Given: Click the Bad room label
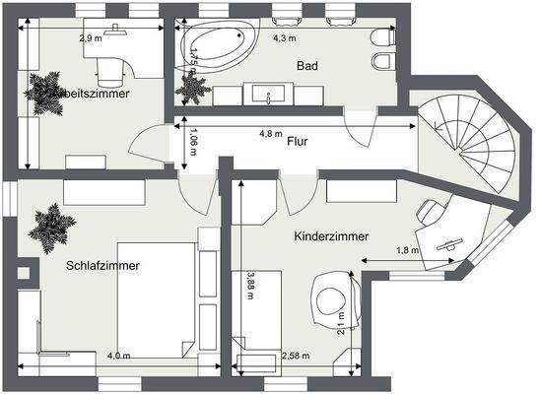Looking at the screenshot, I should pyautogui.click(x=307, y=66).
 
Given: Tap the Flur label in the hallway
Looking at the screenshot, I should pyautogui.click(x=298, y=142).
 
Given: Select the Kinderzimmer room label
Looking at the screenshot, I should pyautogui.click(x=331, y=236).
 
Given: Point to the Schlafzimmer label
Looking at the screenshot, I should pyautogui.click(x=102, y=266).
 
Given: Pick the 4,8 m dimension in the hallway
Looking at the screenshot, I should pyautogui.click(x=270, y=133).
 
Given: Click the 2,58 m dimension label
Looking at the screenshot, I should pyautogui.click(x=296, y=356).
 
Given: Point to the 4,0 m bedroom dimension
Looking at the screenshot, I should pyautogui.click(x=118, y=356).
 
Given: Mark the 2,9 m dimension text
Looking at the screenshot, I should pyautogui.click(x=91, y=38).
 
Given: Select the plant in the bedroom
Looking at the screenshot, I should pyautogui.click(x=51, y=228).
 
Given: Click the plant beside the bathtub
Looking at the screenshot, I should pyautogui.click(x=191, y=87).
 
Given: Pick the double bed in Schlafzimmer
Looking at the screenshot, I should pyautogui.click(x=156, y=298).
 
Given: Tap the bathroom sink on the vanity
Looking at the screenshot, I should pyautogui.click(x=268, y=96).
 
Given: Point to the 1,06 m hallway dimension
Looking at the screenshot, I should pyautogui.click(x=193, y=145).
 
